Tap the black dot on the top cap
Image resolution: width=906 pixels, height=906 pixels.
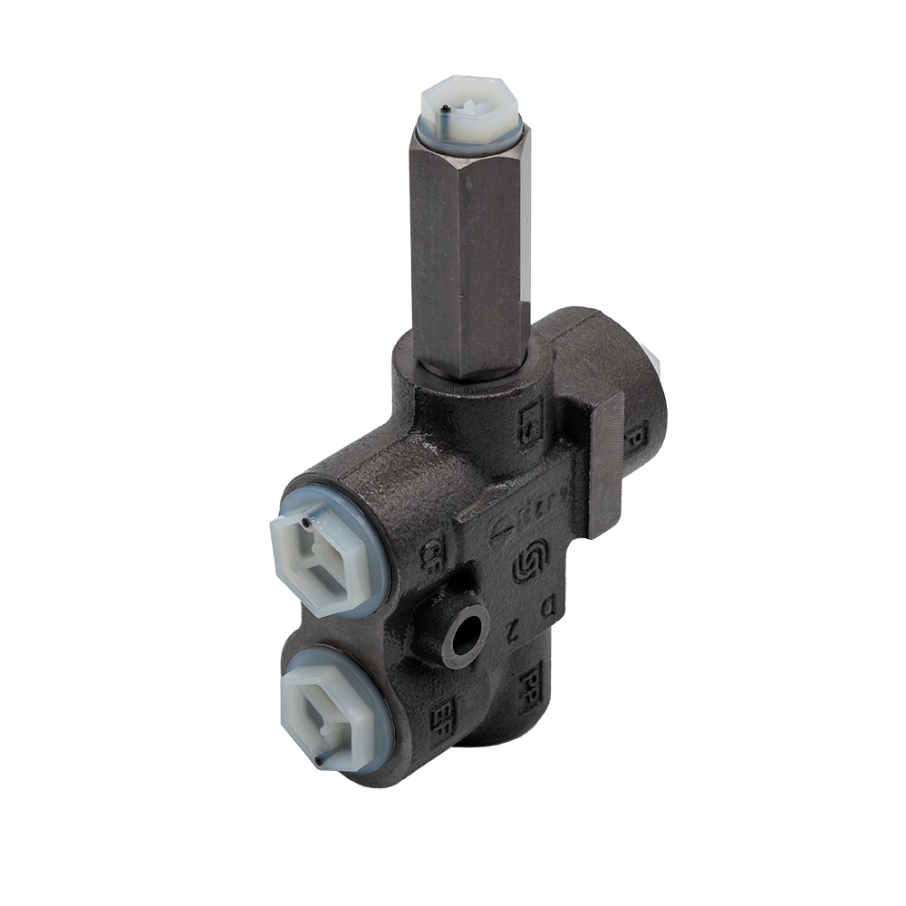(x=450, y=112)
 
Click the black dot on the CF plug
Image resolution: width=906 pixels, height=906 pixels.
(x=309, y=524)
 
